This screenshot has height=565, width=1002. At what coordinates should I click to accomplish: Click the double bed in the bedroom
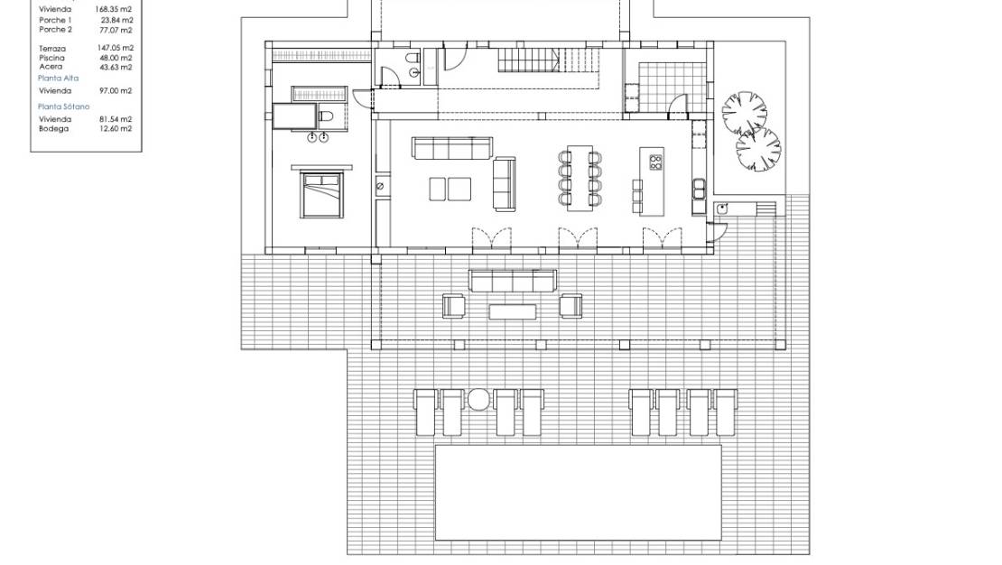coord(320,193)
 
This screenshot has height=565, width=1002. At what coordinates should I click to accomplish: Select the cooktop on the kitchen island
coord(656,162)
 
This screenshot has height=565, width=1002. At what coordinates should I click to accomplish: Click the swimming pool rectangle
coord(579,491)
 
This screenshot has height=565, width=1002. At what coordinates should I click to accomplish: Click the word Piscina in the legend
coord(52,58)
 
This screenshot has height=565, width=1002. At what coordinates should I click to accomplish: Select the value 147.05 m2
coord(115,48)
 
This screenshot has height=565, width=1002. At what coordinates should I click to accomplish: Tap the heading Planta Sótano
coord(63,107)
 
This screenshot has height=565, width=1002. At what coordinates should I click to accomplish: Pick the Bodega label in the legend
coord(54,128)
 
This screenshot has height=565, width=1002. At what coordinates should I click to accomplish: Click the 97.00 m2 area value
coord(115,90)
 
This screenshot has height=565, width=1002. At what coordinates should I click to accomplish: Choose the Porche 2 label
coord(56,30)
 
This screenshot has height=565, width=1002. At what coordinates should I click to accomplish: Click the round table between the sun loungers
coord(478,398)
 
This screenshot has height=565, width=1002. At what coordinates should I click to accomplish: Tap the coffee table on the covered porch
coord(513,311)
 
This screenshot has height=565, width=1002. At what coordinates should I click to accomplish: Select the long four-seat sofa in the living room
coord(452,147)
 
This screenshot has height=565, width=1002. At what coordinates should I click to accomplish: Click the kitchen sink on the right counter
coord(700,188)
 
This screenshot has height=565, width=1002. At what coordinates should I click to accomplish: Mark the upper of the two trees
coord(744,113)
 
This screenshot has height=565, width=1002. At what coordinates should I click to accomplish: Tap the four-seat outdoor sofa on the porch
coord(511,282)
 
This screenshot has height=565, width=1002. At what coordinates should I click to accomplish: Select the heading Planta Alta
coord(59,79)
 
